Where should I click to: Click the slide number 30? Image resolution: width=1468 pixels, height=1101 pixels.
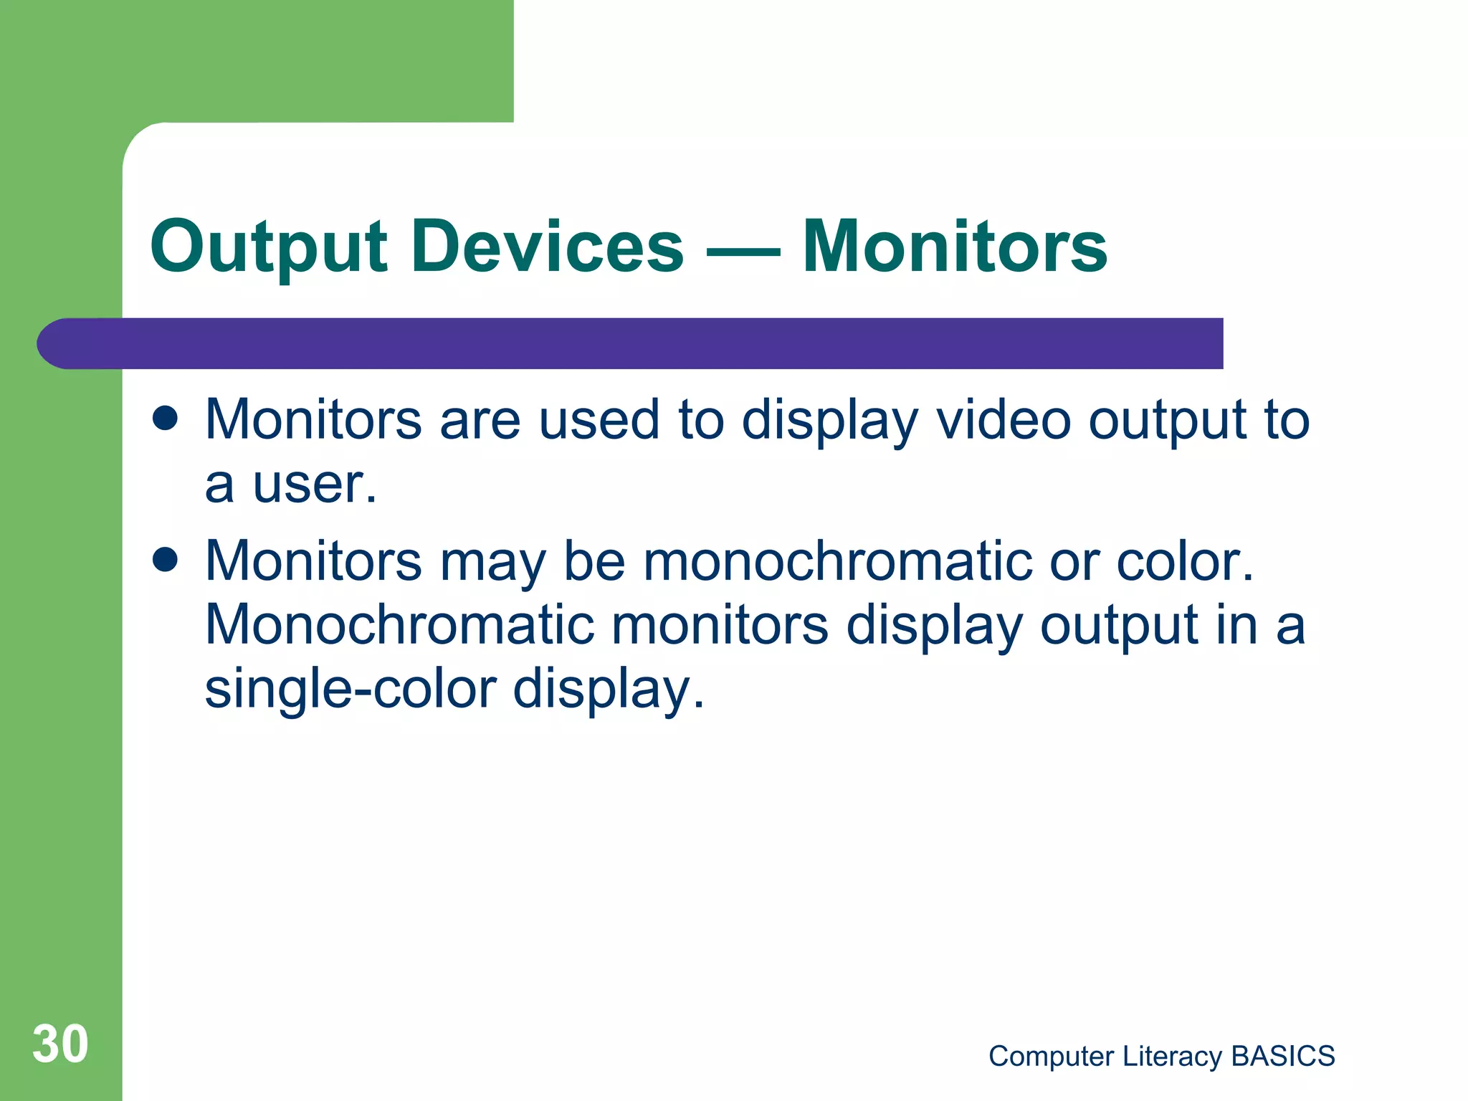pyautogui.click(x=60, y=1044)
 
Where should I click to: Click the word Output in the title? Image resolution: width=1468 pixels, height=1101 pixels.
pyautogui.click(x=269, y=247)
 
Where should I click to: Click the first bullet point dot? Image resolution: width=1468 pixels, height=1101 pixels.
pyautogui.click(x=166, y=419)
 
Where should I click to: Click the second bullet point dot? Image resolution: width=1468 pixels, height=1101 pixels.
pyautogui.click(x=166, y=560)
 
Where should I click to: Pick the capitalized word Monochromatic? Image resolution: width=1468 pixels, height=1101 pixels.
pyautogui.click(x=399, y=624)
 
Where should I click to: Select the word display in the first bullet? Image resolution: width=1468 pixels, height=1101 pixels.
pyautogui.click(x=829, y=421)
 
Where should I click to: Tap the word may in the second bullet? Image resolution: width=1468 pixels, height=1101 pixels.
pyautogui.click(x=493, y=563)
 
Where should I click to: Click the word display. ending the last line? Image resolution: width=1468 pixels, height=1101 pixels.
pyautogui.click(x=609, y=689)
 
